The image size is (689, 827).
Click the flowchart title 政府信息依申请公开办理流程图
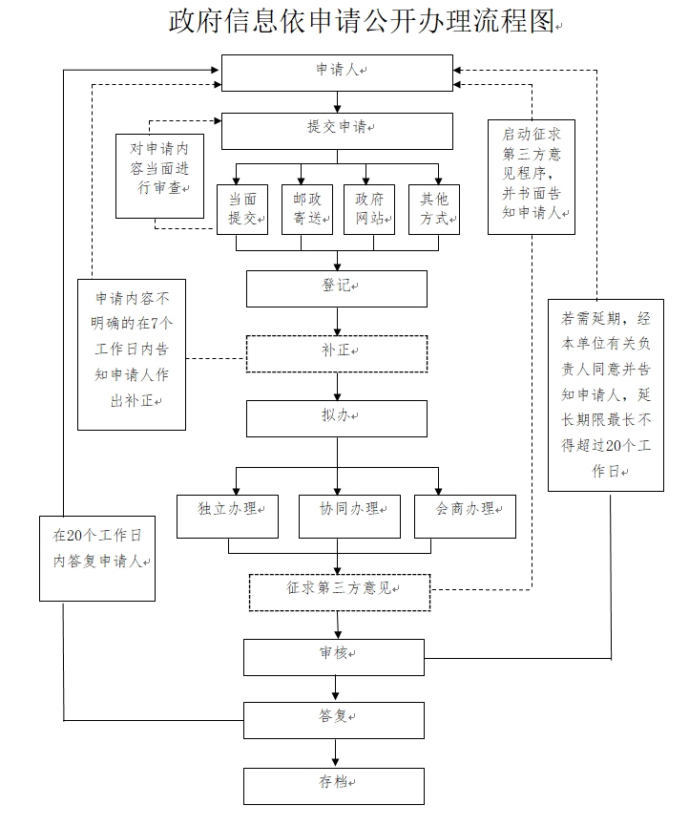(363, 22)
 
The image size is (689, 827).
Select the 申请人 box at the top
(337, 73)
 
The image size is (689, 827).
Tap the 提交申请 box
(337, 131)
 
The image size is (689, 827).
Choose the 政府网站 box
(369, 208)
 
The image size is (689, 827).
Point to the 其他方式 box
(434, 208)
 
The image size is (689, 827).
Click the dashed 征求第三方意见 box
(340, 591)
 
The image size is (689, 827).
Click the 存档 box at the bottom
(334, 785)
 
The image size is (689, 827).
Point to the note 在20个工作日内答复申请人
(98, 559)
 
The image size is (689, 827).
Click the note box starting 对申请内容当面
(159, 176)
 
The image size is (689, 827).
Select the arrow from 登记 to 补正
(336, 321)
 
